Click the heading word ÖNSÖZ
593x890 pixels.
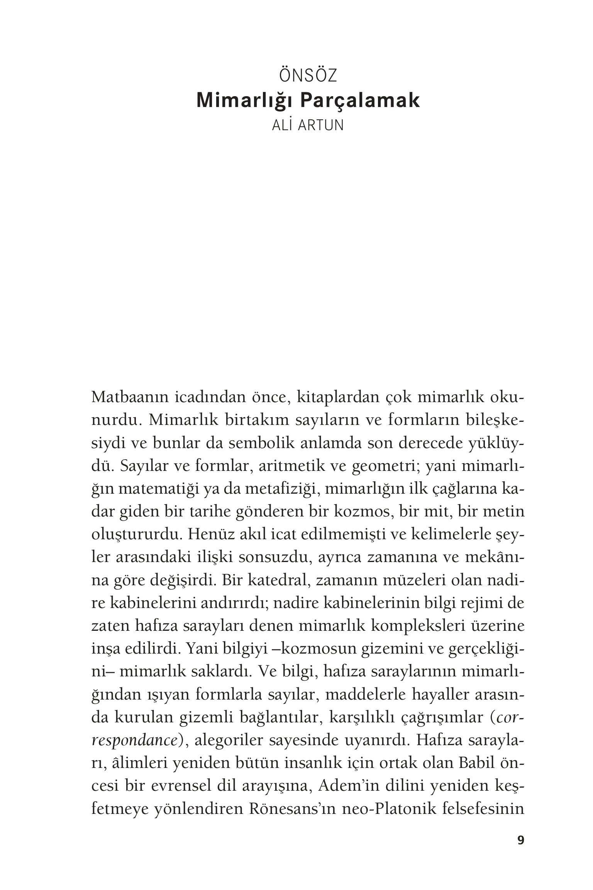click(308, 76)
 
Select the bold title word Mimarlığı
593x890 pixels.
click(245, 100)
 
